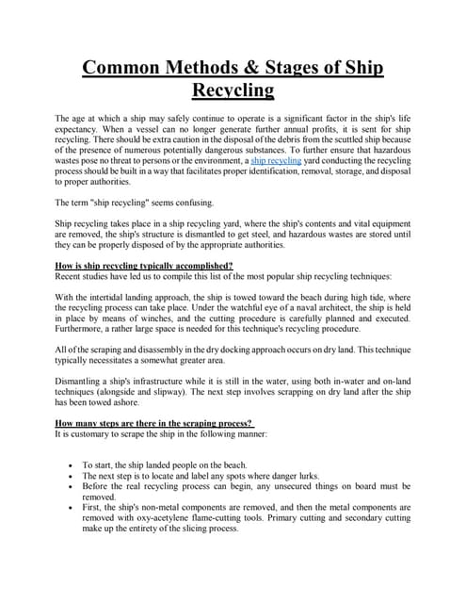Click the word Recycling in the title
233,91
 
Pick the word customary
95,461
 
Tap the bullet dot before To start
72,493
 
